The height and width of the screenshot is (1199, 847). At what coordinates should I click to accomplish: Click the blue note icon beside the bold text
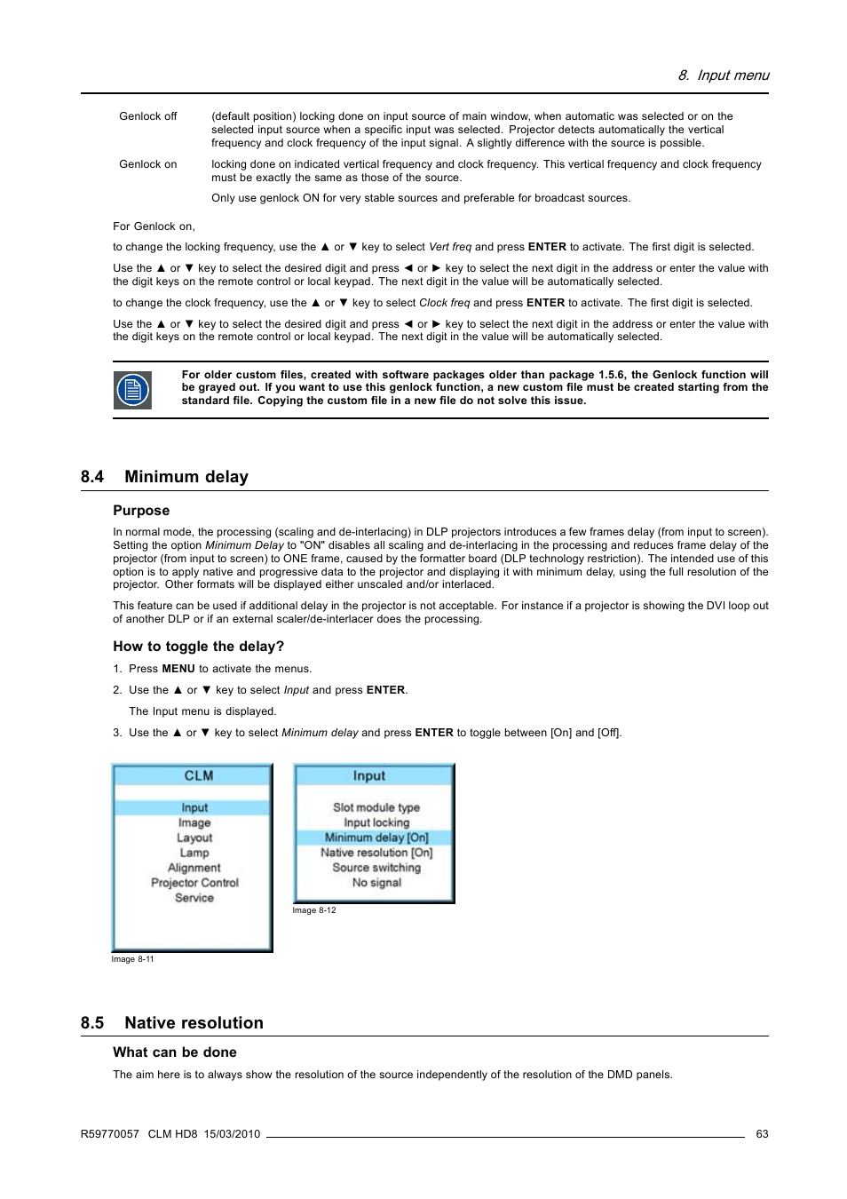(x=132, y=390)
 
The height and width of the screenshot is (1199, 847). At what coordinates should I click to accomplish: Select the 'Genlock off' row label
(x=147, y=116)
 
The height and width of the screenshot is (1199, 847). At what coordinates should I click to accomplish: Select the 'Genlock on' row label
(x=147, y=164)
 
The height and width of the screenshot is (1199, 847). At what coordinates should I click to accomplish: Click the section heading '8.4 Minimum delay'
(x=164, y=477)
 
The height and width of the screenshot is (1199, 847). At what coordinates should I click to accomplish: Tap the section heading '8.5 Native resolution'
(x=171, y=1023)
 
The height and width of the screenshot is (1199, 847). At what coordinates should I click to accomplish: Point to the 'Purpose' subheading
(x=141, y=511)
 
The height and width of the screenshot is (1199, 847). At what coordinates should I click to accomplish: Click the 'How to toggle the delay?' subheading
(x=198, y=647)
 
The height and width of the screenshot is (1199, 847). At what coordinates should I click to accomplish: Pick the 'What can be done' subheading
(x=175, y=1052)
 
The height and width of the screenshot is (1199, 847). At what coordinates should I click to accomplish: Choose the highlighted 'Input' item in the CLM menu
(x=194, y=808)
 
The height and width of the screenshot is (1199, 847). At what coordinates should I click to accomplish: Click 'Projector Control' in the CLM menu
(x=194, y=883)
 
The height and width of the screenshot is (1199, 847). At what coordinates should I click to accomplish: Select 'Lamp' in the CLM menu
(x=194, y=853)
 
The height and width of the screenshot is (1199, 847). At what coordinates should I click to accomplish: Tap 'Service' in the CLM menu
(x=194, y=898)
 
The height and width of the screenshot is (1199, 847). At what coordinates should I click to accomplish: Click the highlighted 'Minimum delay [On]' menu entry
(x=376, y=838)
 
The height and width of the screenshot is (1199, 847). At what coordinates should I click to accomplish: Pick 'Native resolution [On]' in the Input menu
(x=376, y=853)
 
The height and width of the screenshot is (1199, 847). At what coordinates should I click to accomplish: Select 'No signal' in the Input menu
(x=376, y=883)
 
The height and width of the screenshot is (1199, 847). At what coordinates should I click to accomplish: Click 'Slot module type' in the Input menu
(x=376, y=807)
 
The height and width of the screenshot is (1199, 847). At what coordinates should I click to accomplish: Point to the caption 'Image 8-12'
(x=314, y=910)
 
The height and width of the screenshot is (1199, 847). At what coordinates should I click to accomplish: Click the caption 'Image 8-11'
(x=132, y=959)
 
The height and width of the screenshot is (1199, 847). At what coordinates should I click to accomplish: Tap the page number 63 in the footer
(x=762, y=1134)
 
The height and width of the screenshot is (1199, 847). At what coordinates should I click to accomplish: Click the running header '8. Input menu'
(x=724, y=75)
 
